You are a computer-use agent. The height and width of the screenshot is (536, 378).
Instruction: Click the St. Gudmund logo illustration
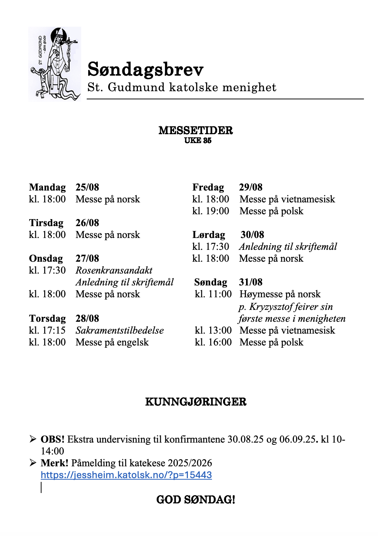(54, 64)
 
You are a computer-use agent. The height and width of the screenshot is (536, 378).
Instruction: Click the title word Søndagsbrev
(145, 69)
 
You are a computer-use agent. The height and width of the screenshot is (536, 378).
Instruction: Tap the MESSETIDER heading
(196, 130)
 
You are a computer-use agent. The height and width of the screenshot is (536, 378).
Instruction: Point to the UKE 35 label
(198, 140)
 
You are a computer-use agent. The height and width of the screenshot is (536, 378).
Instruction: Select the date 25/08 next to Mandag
(87, 187)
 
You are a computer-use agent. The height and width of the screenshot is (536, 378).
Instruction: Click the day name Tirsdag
(46, 223)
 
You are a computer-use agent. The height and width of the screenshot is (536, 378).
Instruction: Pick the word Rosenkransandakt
(114, 270)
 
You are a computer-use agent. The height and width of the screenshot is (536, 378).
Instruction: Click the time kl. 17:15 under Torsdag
(47, 330)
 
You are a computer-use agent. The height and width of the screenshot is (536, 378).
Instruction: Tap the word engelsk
(133, 342)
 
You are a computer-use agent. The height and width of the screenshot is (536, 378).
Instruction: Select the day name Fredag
(208, 187)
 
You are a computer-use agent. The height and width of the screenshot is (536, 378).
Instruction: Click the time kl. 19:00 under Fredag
(210, 211)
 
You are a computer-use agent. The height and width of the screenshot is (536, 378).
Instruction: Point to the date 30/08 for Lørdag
(252, 235)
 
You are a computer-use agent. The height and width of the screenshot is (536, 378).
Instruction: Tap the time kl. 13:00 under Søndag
(213, 330)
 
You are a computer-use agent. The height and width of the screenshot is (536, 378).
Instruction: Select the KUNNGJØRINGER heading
(196, 402)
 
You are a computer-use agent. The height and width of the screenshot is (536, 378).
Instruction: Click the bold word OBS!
(53, 439)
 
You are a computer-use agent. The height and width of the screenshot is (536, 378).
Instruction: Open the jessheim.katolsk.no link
(126, 475)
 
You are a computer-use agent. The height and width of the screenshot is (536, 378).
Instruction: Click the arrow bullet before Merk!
(33, 463)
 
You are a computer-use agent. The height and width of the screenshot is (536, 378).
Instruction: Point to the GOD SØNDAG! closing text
(196, 500)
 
